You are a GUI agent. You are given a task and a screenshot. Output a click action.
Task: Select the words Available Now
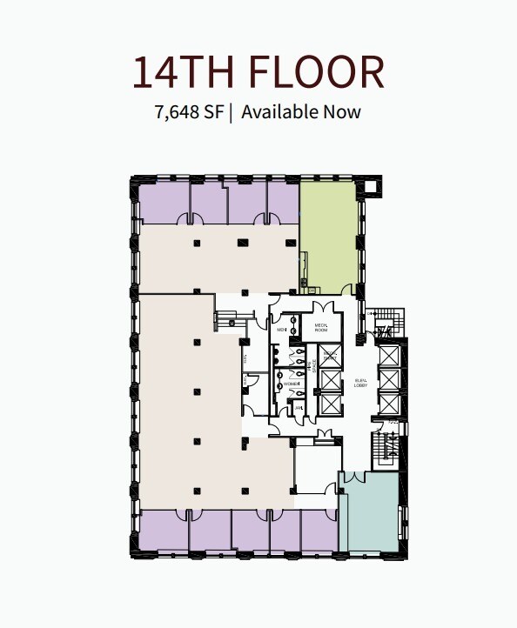301,112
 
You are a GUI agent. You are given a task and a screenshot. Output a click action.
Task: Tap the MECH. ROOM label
320,328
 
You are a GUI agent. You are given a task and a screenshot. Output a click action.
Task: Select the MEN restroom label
282,331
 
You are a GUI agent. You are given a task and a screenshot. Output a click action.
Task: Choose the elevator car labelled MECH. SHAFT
330,357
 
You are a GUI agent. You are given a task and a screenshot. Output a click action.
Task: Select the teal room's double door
355,478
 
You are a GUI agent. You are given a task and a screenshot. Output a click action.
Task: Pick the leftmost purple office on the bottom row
164,531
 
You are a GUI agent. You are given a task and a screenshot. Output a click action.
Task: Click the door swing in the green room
349,289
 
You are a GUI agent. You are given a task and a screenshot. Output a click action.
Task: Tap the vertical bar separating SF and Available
232,112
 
